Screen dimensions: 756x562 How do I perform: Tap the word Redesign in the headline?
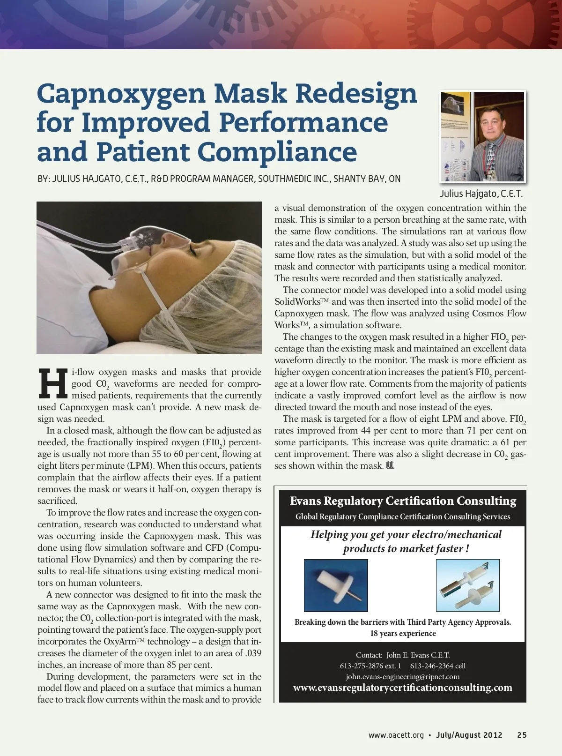[356, 93]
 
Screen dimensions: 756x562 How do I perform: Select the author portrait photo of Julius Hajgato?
[483, 136]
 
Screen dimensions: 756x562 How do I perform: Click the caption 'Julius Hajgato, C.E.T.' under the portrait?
[481, 194]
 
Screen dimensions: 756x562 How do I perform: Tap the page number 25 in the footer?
[522, 735]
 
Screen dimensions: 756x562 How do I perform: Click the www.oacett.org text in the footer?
[396, 735]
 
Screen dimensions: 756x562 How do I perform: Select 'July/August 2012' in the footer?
[469, 735]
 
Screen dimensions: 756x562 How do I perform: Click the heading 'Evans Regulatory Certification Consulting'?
[403, 501]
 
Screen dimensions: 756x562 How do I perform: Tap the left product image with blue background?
[336, 585]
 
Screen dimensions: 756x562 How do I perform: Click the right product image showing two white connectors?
[467, 585]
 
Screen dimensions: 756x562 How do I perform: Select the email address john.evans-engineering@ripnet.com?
[403, 676]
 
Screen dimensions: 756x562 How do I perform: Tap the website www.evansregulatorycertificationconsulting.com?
[403, 688]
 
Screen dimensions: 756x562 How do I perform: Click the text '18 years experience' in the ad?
[403, 633]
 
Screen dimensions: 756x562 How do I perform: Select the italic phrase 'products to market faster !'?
[406, 548]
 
